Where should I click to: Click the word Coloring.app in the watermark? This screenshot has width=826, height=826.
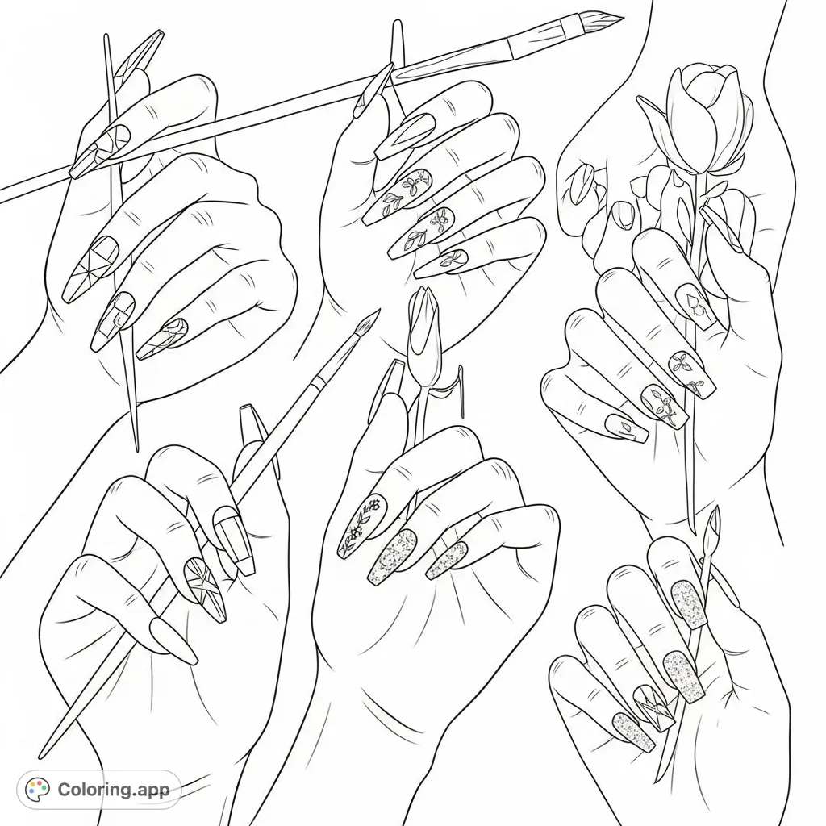[x=113, y=790]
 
